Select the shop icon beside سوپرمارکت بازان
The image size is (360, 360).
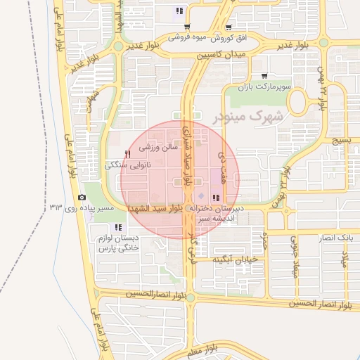click(x=264, y=76)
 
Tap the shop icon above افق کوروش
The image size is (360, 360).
click(x=186, y=27)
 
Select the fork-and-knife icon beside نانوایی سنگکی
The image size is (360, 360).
click(x=127, y=154)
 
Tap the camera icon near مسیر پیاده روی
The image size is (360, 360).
click(x=82, y=198)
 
